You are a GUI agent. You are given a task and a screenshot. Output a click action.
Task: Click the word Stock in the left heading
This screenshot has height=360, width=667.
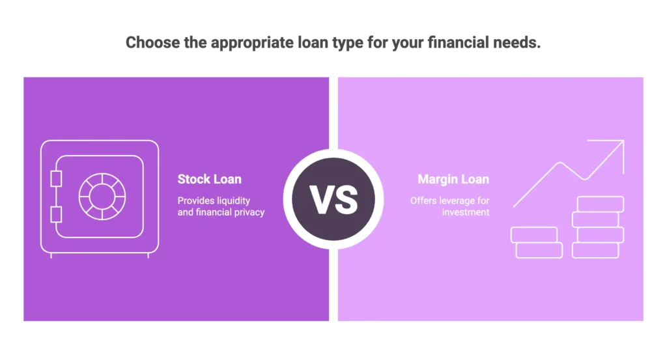[193, 180]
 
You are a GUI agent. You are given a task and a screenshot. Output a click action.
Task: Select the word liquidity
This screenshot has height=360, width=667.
[233, 201]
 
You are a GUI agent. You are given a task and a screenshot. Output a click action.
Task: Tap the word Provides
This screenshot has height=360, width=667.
[195, 201]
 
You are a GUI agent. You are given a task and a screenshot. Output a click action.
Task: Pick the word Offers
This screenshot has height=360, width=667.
[423, 201]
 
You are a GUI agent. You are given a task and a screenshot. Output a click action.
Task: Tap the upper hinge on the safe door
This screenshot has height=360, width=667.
[57, 178]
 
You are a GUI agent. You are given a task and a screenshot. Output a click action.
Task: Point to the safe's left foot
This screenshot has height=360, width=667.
[51, 255]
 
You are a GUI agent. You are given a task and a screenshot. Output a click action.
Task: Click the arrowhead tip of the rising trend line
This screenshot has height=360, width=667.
[623, 141]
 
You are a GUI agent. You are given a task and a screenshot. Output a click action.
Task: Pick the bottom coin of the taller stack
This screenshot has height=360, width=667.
[595, 251]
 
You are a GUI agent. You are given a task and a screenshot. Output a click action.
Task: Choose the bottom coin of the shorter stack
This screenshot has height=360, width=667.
[539, 250]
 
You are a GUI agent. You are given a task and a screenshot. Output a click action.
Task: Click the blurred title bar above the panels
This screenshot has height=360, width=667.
[333, 42]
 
